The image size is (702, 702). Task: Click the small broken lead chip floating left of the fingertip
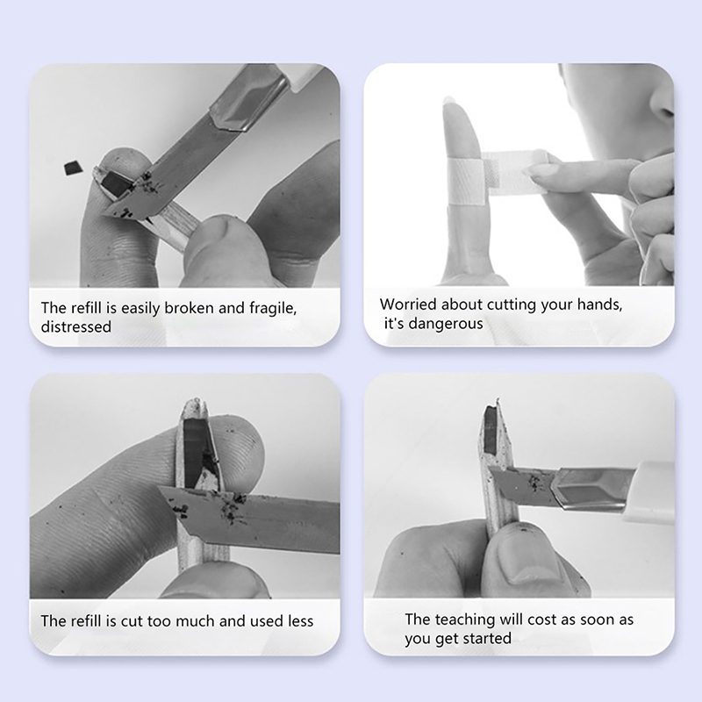[x=73, y=168]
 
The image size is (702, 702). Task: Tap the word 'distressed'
[x=76, y=326]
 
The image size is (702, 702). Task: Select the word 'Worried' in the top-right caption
[x=408, y=304]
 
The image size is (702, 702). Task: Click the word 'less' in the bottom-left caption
[x=300, y=621]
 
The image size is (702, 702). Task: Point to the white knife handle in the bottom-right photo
[x=654, y=491]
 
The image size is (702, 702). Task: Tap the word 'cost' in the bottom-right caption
[x=542, y=620]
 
